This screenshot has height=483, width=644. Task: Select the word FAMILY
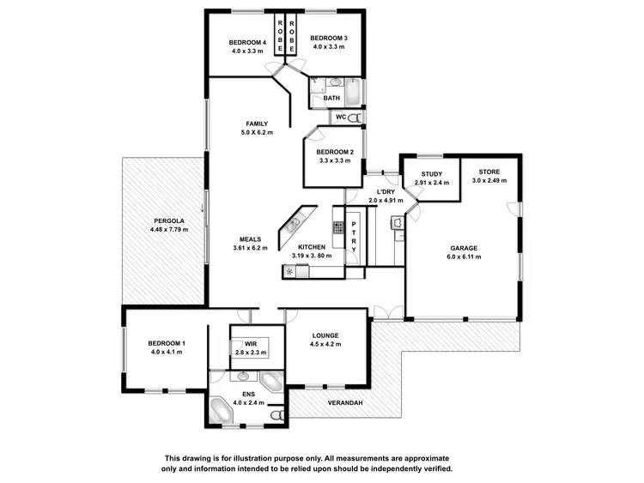pyautogui.click(x=257, y=124)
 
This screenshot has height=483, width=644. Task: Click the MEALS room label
pyautogui.click(x=252, y=239)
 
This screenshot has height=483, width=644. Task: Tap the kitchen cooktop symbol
pyautogui.click(x=338, y=229)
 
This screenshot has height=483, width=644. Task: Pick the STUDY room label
pyautogui.click(x=431, y=174)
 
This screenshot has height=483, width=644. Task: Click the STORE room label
pyautogui.click(x=489, y=171)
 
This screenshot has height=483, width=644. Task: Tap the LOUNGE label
pyautogui.click(x=325, y=335)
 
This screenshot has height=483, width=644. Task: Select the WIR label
pyautogui.click(x=251, y=343)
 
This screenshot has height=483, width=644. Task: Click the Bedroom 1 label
pyautogui.click(x=168, y=343)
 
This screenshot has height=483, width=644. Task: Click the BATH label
pyautogui.click(x=331, y=99)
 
